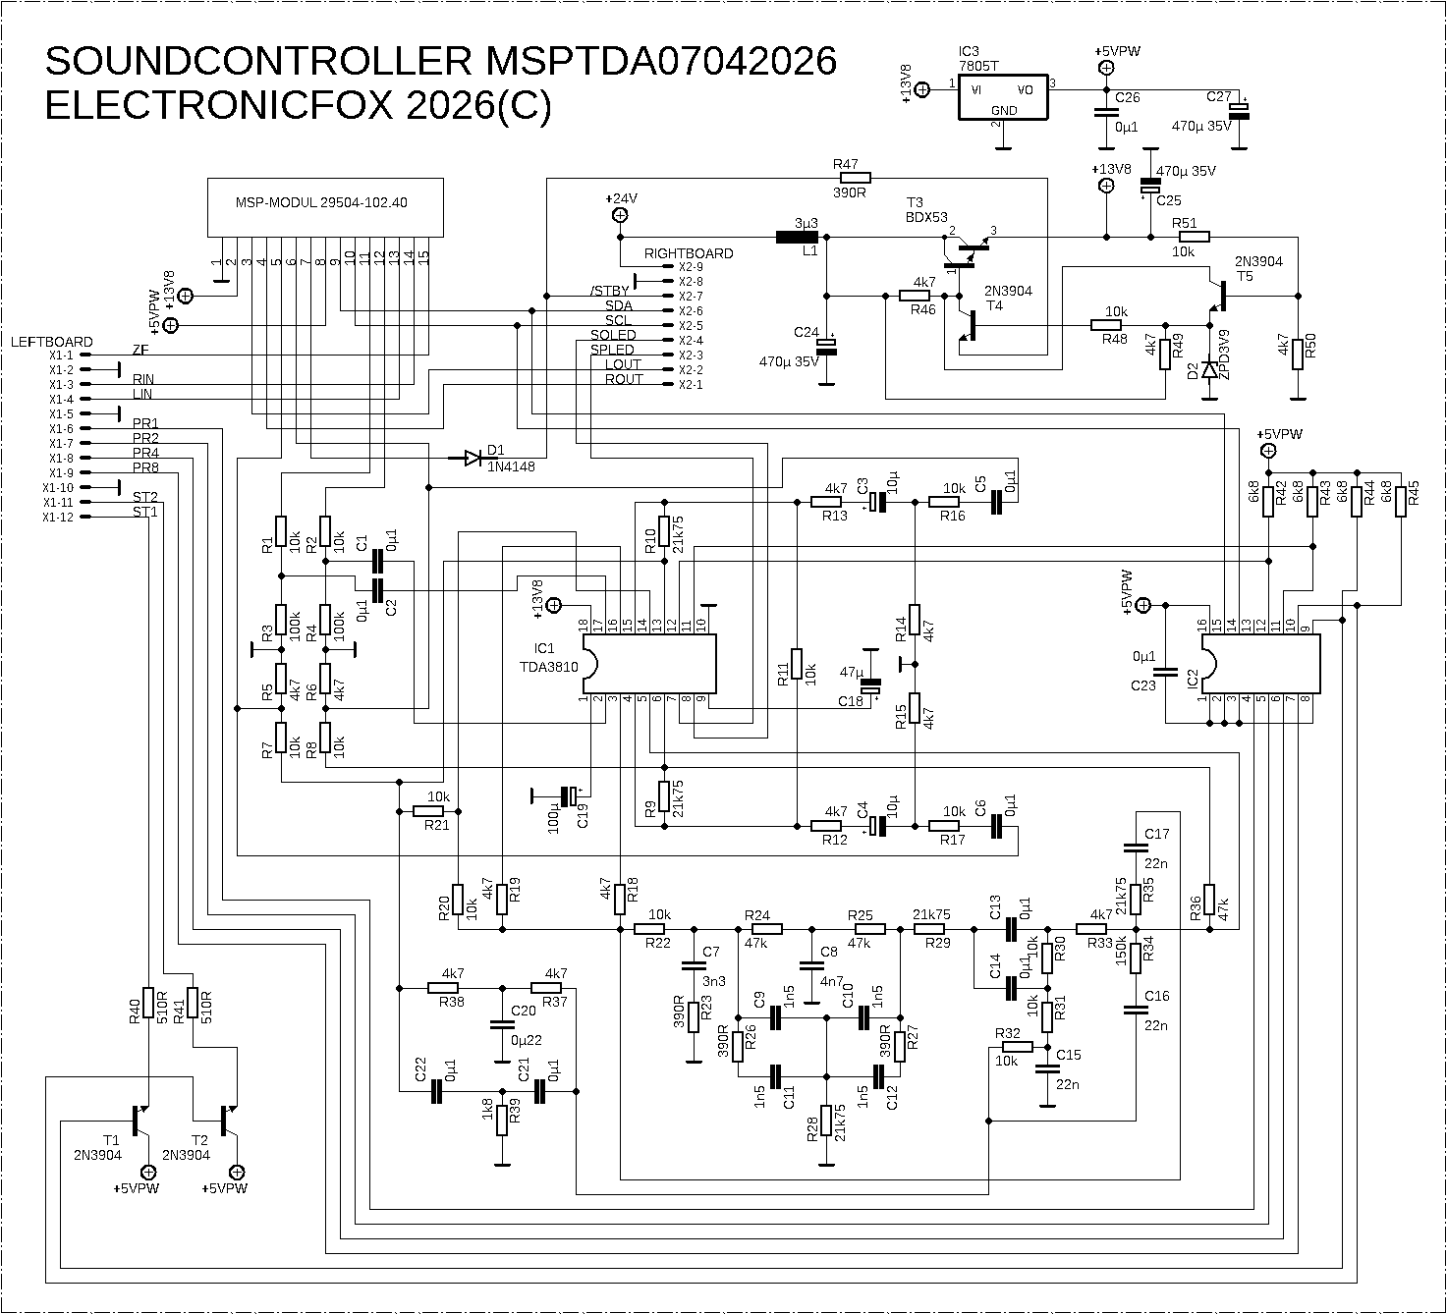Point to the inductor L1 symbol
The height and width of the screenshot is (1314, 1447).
tap(798, 237)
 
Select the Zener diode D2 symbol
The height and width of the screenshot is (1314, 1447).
tap(1209, 371)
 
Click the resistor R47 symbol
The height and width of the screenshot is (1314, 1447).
tap(852, 178)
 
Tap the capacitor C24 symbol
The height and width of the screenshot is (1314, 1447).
tap(827, 346)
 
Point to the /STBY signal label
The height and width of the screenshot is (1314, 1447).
tap(609, 291)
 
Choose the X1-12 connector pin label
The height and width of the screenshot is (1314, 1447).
tap(61, 518)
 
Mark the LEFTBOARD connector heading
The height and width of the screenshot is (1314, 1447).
tap(51, 342)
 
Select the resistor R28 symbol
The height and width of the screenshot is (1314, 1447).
tap(827, 1122)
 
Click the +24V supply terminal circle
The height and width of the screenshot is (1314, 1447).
tap(620, 215)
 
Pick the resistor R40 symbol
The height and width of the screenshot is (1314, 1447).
tap(148, 1003)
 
